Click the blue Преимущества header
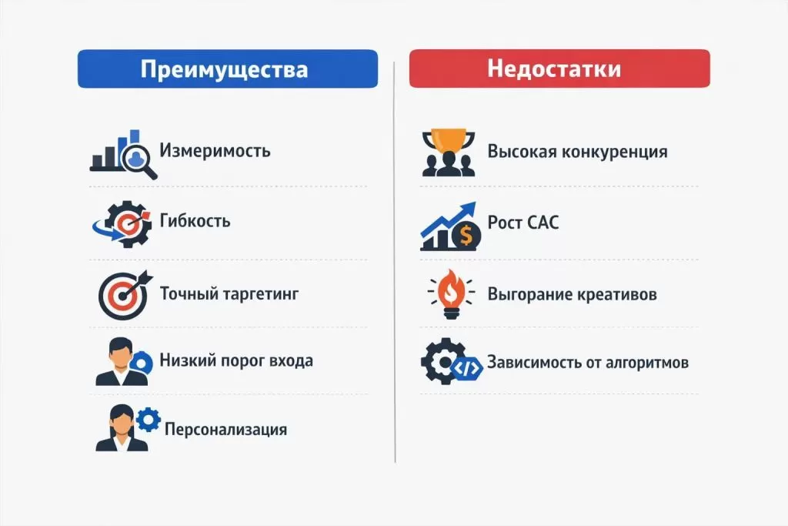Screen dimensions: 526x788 pyautogui.click(x=227, y=69)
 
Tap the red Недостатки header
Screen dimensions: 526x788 pyautogui.click(x=559, y=69)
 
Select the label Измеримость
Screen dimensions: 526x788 pyautogui.click(x=215, y=150)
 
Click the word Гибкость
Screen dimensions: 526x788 pyautogui.click(x=195, y=222)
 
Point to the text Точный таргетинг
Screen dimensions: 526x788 pyautogui.click(x=229, y=293)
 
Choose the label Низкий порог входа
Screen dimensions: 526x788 pyautogui.click(x=236, y=360)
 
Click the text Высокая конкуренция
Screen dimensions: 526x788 pyautogui.click(x=577, y=152)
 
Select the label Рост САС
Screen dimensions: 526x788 pyautogui.click(x=523, y=223)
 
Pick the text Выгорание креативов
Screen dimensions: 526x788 pyautogui.click(x=572, y=295)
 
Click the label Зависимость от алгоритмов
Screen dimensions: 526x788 pyautogui.click(x=588, y=362)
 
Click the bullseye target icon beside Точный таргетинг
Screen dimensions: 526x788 pyautogui.click(x=122, y=294)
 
